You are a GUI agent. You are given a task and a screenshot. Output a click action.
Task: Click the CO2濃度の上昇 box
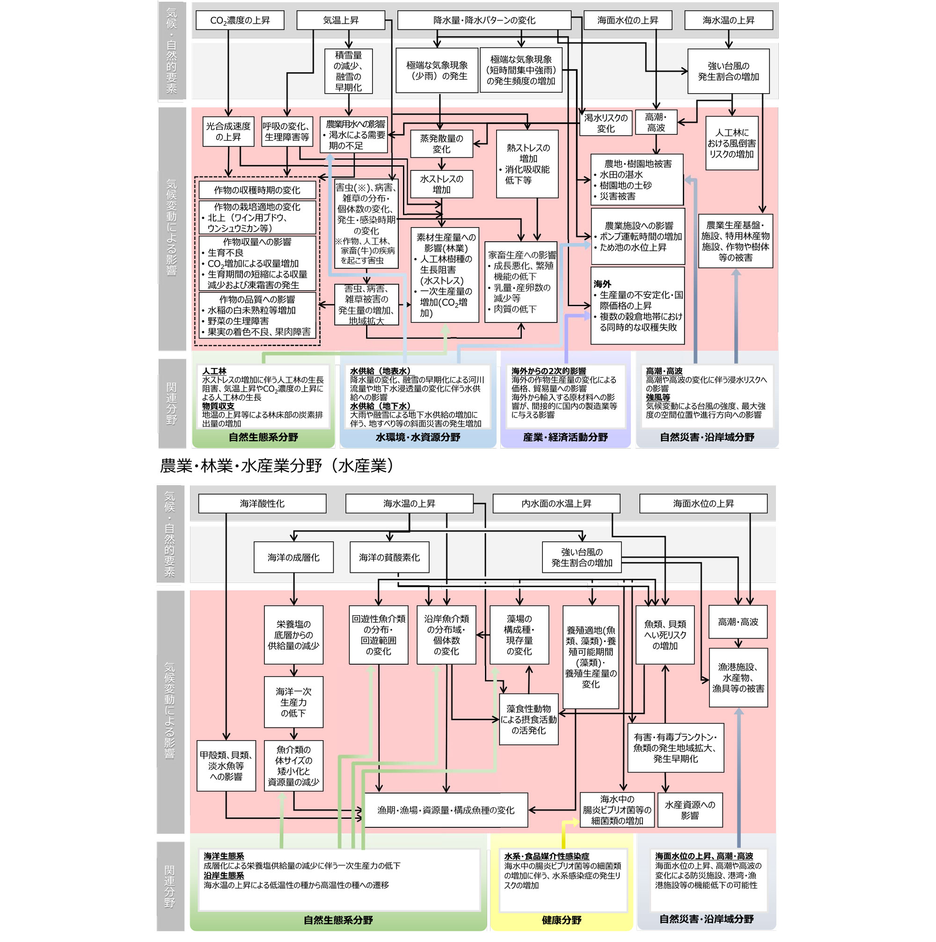coord(239,21)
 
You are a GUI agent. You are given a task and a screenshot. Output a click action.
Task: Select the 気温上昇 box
coord(341,21)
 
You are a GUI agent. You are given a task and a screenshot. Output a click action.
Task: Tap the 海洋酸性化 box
coord(262,503)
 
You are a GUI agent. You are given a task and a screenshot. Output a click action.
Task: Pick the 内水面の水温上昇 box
coord(556,503)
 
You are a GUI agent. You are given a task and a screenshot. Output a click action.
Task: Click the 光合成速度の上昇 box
coord(228,132)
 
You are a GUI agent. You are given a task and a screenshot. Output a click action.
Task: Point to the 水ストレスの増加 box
coord(441,184)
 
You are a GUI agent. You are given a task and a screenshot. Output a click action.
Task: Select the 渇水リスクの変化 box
coord(606,123)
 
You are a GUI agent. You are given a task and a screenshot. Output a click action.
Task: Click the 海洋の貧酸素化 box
coord(389,557)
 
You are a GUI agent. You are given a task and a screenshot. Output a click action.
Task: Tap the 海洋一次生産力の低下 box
coord(293,702)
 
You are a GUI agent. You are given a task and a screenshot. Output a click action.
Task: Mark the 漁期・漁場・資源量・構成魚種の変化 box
coord(446,810)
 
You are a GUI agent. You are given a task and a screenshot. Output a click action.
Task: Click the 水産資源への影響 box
coord(689,810)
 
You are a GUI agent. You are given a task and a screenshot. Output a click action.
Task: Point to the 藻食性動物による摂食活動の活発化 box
coord(528,720)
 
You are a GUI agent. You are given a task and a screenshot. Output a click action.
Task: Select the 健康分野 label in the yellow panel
coord(562,920)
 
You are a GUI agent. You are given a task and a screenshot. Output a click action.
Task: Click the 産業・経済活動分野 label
coord(565,437)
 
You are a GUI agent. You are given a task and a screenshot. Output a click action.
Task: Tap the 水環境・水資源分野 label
coord(418,437)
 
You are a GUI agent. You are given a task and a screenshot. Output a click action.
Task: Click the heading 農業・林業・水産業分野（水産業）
coord(277,466)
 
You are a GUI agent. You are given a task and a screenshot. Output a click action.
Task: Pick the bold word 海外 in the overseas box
coord(602,284)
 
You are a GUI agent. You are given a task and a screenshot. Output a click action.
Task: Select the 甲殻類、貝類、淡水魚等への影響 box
coord(226,765)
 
